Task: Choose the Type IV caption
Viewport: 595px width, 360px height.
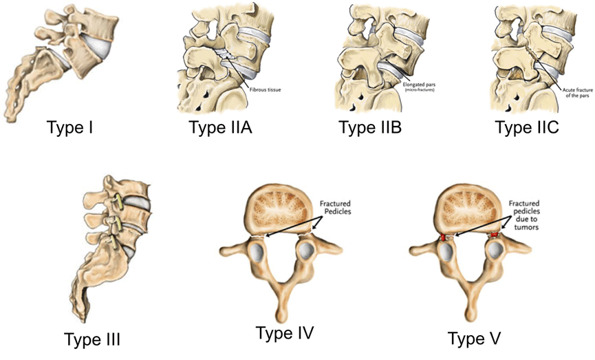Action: [284, 334]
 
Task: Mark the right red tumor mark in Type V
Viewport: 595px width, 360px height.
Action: [495, 235]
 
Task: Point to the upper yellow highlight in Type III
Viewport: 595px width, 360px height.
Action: [119, 202]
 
